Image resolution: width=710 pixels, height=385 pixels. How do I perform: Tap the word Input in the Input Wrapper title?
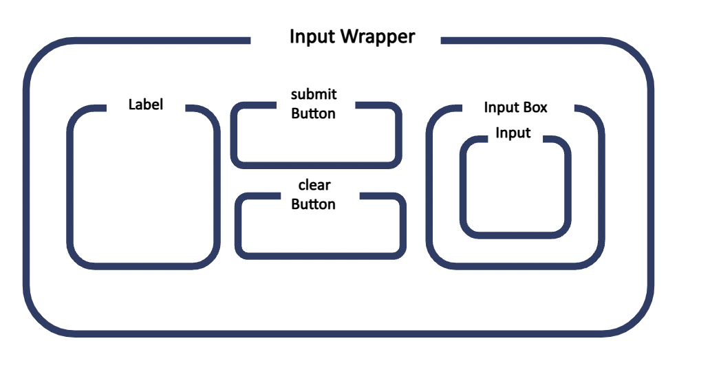click(310, 36)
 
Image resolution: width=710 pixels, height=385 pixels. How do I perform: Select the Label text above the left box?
click(146, 105)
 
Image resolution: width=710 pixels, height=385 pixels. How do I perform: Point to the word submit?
click(314, 94)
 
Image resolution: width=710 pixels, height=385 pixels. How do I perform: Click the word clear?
click(314, 186)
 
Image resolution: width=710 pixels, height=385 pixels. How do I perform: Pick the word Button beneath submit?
click(314, 113)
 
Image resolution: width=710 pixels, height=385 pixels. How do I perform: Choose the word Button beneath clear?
click(314, 204)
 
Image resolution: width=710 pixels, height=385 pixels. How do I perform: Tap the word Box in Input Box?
click(535, 107)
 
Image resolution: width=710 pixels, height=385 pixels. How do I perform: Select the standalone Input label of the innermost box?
click(513, 133)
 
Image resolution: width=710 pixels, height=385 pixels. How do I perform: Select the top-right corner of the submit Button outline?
click(393, 110)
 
